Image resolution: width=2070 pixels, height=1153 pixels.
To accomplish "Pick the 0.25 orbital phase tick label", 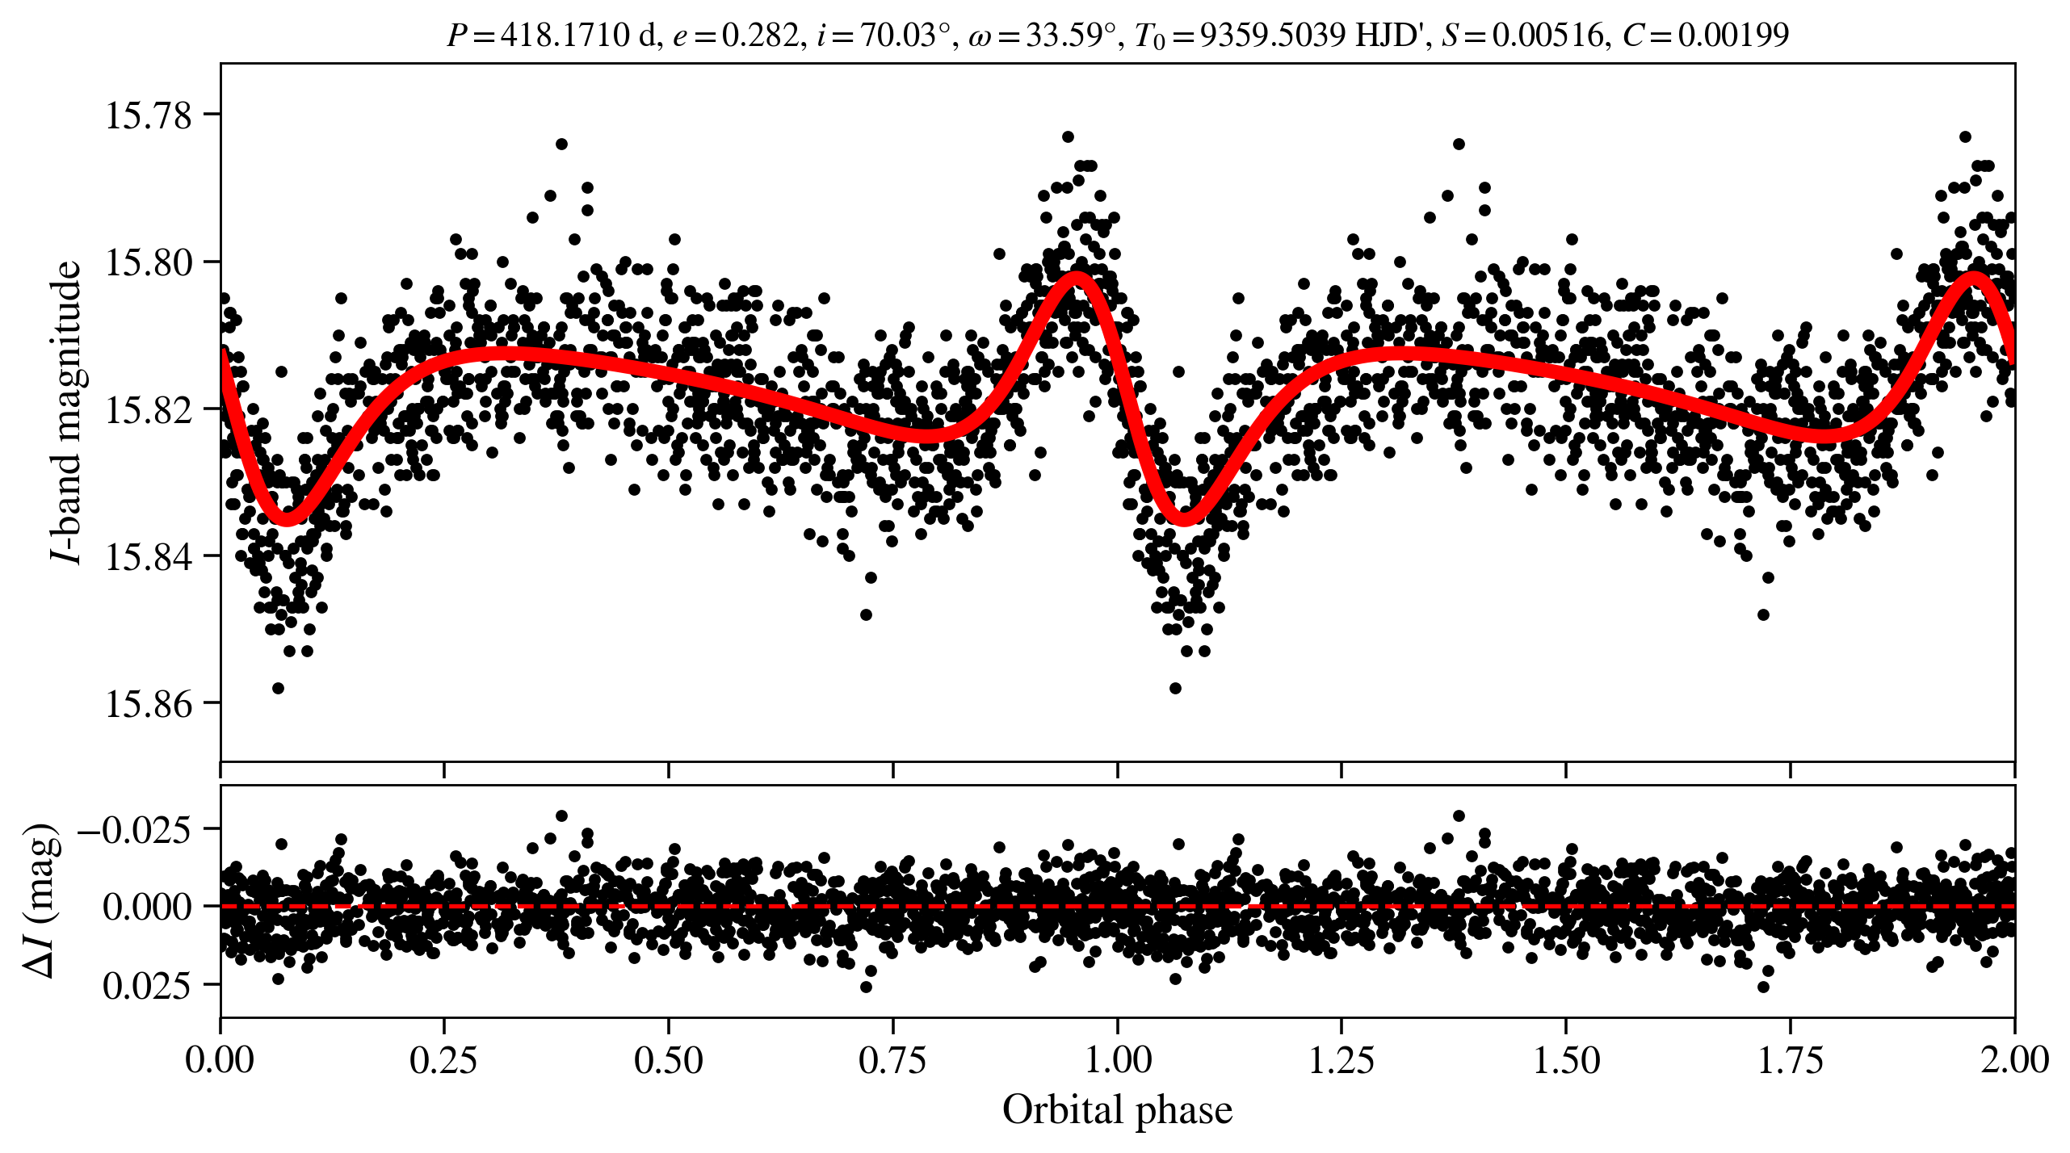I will (x=443, y=1059).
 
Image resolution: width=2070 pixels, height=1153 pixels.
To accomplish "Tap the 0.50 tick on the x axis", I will (x=668, y=1059).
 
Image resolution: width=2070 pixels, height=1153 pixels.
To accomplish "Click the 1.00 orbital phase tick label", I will (x=1117, y=1059).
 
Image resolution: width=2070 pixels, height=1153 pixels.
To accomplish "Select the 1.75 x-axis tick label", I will (x=1791, y=1059).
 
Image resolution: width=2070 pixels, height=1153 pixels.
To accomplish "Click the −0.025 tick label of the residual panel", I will (x=135, y=829).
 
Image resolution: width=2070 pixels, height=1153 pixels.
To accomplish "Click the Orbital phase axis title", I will (x=1117, y=1109).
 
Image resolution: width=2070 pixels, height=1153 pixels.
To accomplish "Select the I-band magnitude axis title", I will (x=67, y=412).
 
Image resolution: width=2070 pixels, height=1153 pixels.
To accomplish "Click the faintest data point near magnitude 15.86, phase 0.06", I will (x=278, y=688).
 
